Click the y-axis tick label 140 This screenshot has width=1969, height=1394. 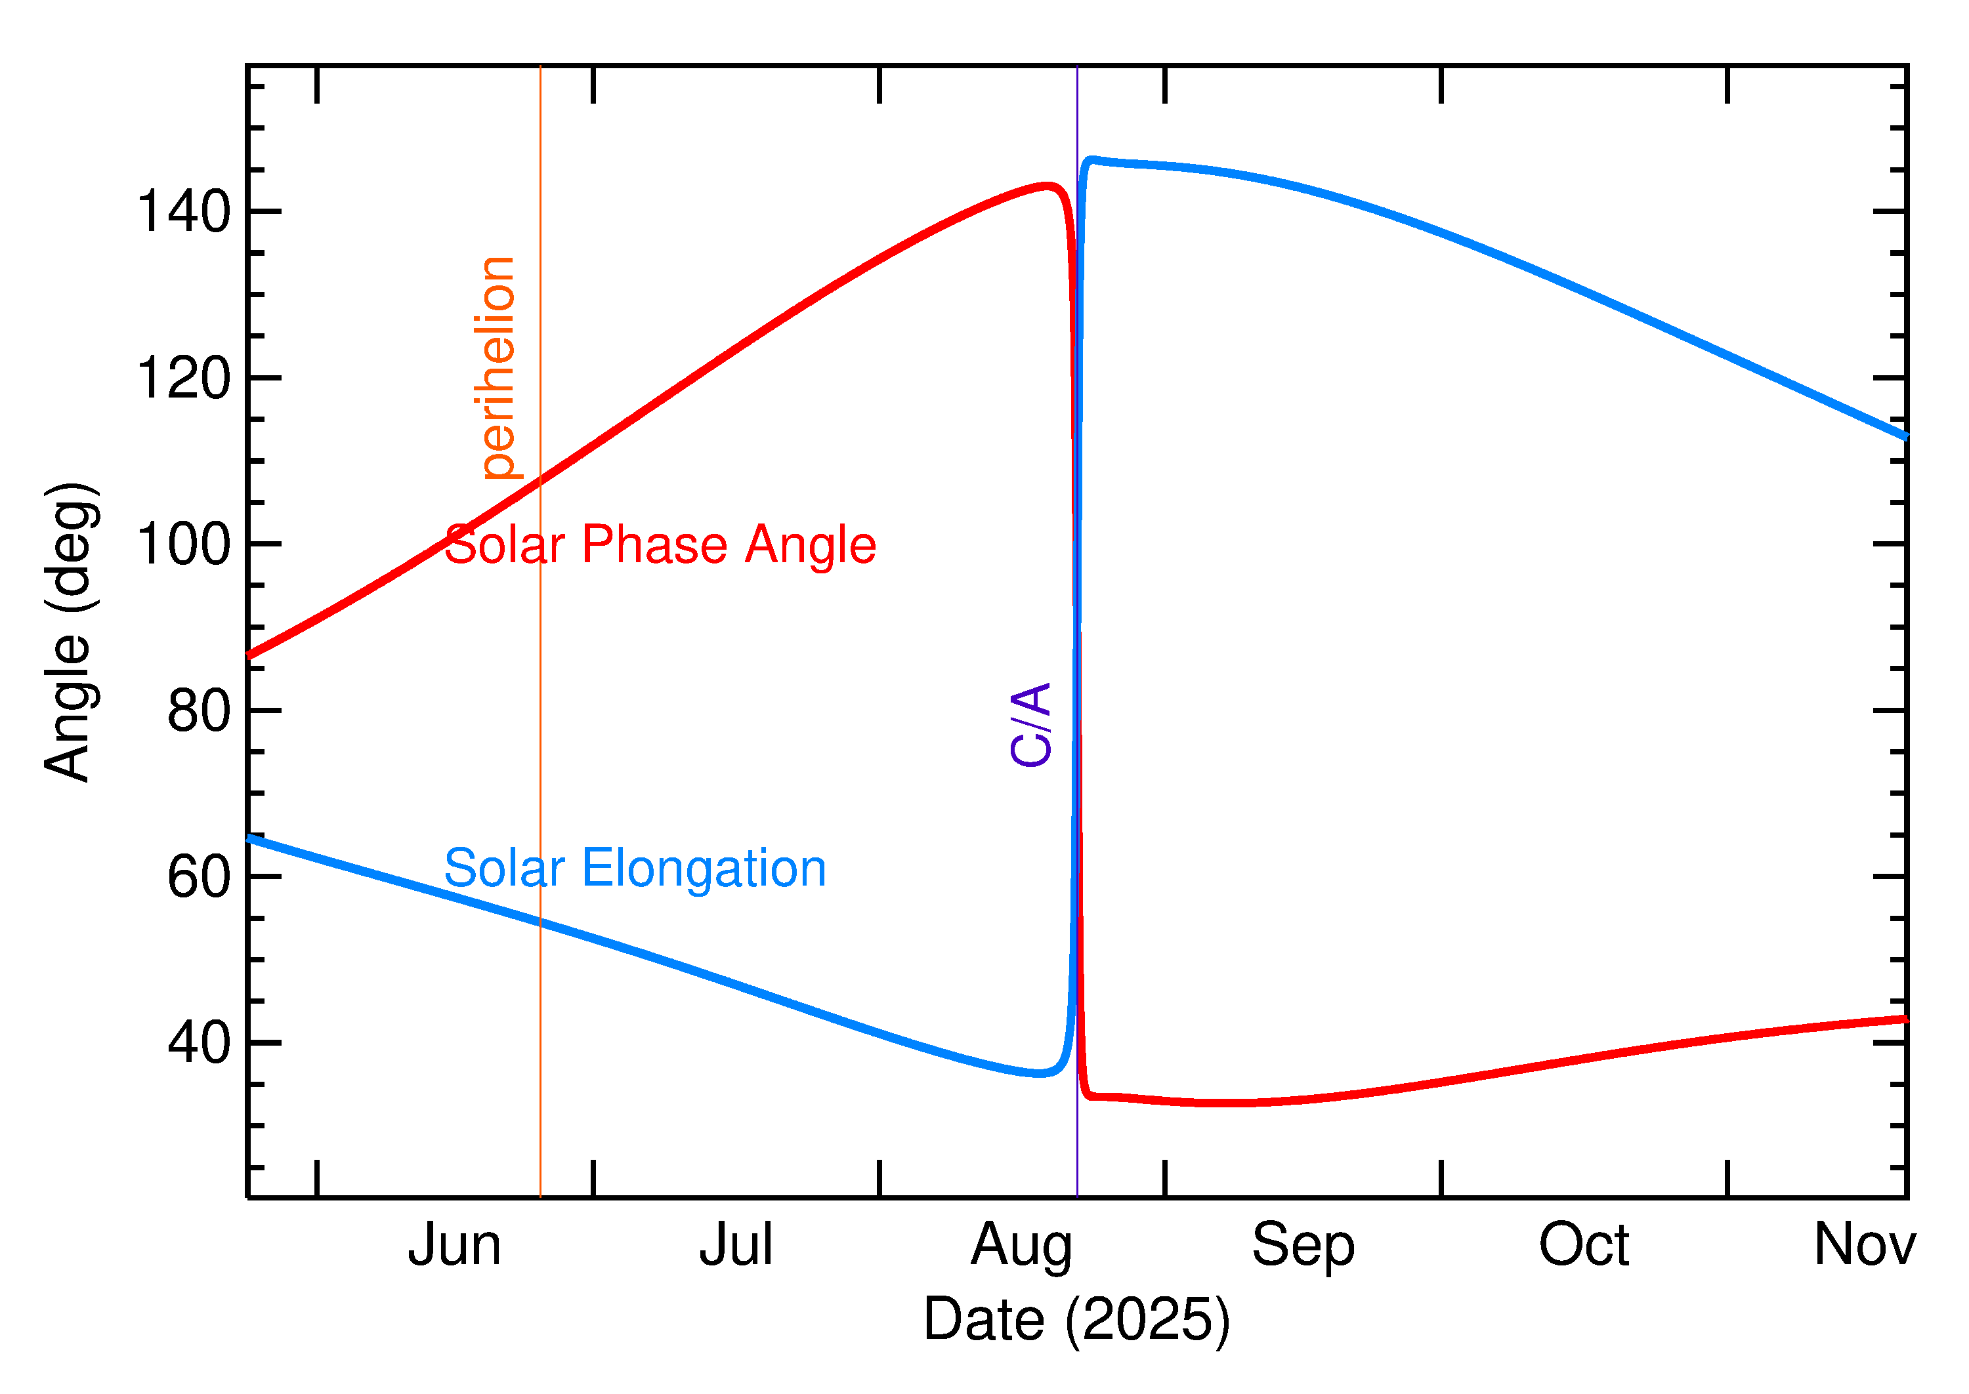(183, 212)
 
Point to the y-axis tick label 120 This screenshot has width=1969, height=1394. (183, 379)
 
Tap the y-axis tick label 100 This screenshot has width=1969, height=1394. (183, 544)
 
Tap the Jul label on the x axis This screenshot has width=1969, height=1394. (736, 1246)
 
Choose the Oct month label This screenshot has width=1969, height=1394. (1584, 1246)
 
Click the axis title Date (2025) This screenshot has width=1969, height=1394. (1076, 1320)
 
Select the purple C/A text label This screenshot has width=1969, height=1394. (1030, 724)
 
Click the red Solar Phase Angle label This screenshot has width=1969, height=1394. (660, 545)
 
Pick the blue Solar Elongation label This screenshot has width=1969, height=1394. (635, 869)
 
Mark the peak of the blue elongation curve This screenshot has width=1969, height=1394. (1091, 159)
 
